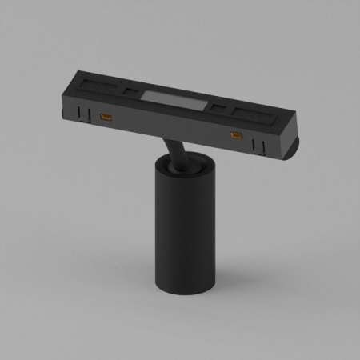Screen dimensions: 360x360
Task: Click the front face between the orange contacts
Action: point(168,129)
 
